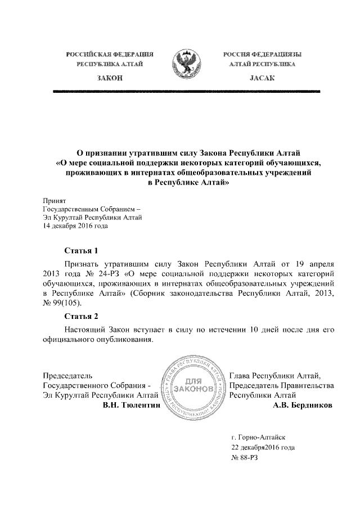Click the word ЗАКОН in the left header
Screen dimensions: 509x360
coord(110,78)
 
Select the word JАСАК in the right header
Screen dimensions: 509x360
coord(262,78)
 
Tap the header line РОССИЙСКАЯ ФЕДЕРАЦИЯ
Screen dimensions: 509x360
coord(110,55)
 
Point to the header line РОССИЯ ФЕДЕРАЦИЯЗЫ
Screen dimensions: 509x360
coord(262,55)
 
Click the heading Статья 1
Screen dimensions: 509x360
coord(82,250)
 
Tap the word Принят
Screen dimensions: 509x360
coord(55,200)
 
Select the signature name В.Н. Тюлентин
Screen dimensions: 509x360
coord(130,404)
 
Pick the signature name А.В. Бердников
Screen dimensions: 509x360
coord(302,404)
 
